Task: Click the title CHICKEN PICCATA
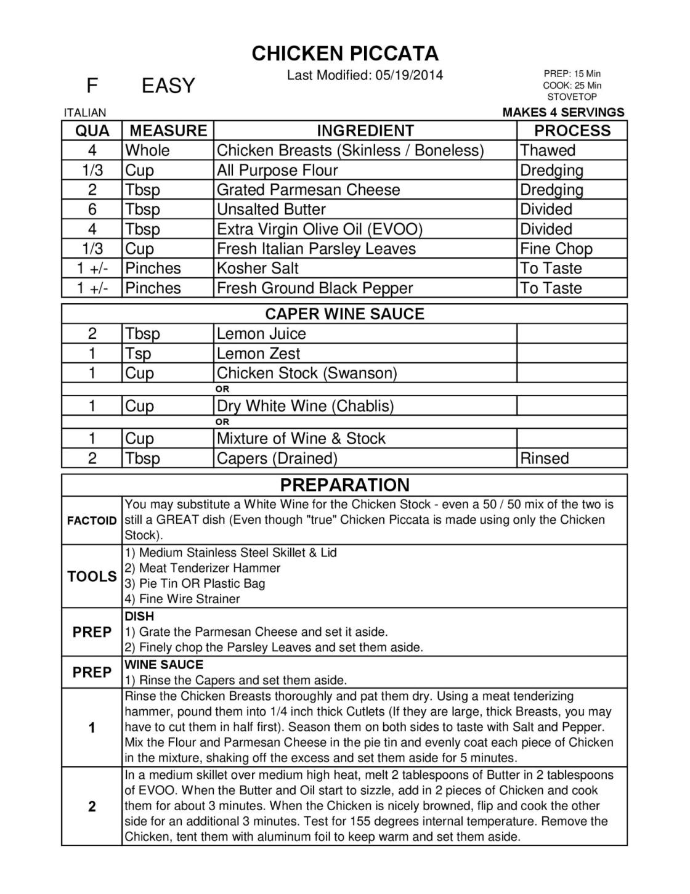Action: point(345,54)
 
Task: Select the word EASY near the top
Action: point(168,86)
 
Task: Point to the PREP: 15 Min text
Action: point(572,74)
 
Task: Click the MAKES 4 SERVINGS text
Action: point(563,112)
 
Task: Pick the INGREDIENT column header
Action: point(365,131)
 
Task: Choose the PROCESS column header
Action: point(572,131)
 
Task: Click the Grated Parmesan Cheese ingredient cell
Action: point(308,190)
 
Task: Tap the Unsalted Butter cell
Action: point(271,209)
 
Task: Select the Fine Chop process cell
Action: point(556,249)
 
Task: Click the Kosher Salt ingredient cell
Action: point(258,269)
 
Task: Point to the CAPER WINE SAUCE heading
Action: point(344,314)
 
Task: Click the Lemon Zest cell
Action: point(258,354)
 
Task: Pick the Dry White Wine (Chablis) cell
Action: point(305,406)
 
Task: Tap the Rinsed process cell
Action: point(544,458)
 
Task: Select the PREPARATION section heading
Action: point(344,485)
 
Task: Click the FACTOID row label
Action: point(92,521)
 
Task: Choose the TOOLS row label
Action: point(92,577)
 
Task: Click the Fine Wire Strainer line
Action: point(183,599)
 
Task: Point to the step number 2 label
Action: point(92,807)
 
